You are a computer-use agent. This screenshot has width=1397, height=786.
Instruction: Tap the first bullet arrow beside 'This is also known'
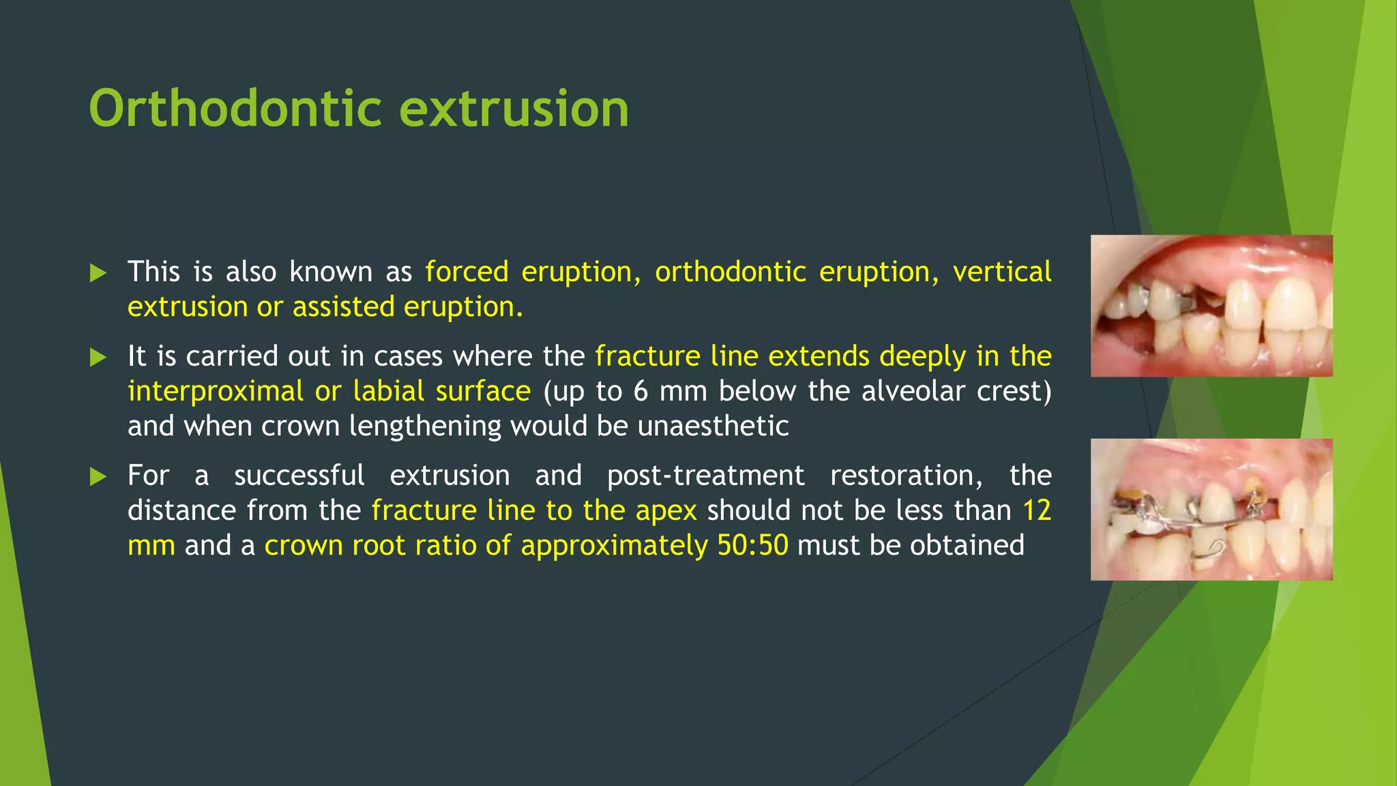98,274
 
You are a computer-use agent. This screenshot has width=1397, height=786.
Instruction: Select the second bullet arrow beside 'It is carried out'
98,358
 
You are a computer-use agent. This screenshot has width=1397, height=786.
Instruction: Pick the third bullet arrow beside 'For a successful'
98,477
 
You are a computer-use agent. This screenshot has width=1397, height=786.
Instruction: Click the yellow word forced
467,272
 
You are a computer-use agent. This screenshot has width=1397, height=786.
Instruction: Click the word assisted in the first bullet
343,307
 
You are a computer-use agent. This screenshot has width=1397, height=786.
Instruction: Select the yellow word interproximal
215,392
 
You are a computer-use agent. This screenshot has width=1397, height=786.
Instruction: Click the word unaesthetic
713,426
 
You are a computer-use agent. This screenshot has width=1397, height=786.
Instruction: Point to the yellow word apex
666,511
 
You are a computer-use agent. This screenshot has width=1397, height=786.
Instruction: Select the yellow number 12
1036,511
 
